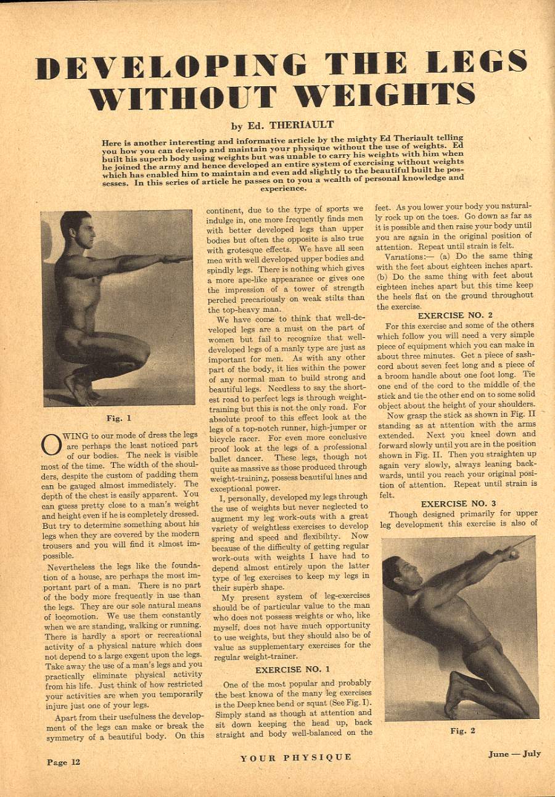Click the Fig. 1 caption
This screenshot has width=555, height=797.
pyautogui.click(x=116, y=417)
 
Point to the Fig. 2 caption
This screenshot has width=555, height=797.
pyautogui.click(x=462, y=730)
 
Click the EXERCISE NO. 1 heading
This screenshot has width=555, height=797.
pyautogui.click(x=293, y=669)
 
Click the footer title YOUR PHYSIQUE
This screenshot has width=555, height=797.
pyautogui.click(x=296, y=757)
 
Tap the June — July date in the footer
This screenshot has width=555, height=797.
pyautogui.click(x=514, y=754)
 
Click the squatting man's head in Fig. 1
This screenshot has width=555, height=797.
pyautogui.click(x=77, y=228)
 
